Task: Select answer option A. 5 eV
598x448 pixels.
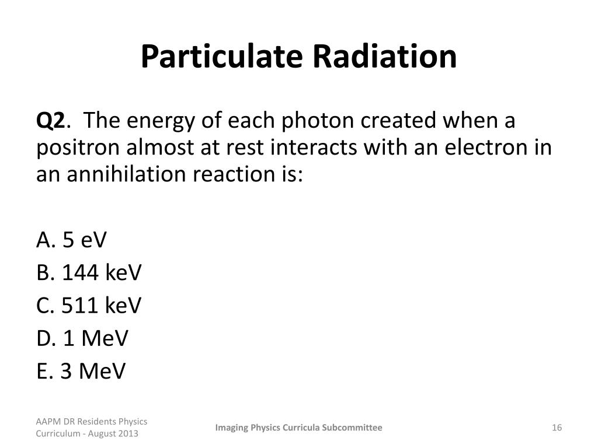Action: (72, 240)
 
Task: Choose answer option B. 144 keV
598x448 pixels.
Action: (89, 272)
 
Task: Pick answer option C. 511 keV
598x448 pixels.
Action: (89, 305)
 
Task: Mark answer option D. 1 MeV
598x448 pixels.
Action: (82, 338)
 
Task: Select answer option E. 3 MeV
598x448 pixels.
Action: (81, 371)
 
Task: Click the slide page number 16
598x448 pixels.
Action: (556, 428)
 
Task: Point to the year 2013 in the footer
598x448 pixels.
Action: (129, 434)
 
